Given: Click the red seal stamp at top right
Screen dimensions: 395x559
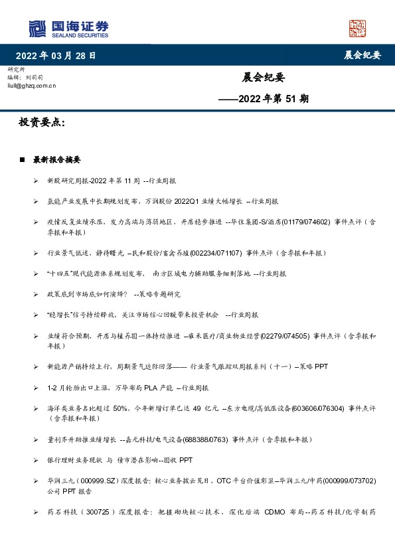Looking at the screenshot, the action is [358, 28].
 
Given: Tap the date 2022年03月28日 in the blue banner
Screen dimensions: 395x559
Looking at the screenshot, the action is [60, 56].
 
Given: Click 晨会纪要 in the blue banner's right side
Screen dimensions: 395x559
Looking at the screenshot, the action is [362, 56].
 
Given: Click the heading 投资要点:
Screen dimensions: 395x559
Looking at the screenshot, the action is [42, 123].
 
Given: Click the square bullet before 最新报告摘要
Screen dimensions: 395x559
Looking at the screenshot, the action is [23, 160].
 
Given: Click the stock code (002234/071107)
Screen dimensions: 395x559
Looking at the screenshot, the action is [216, 253].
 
